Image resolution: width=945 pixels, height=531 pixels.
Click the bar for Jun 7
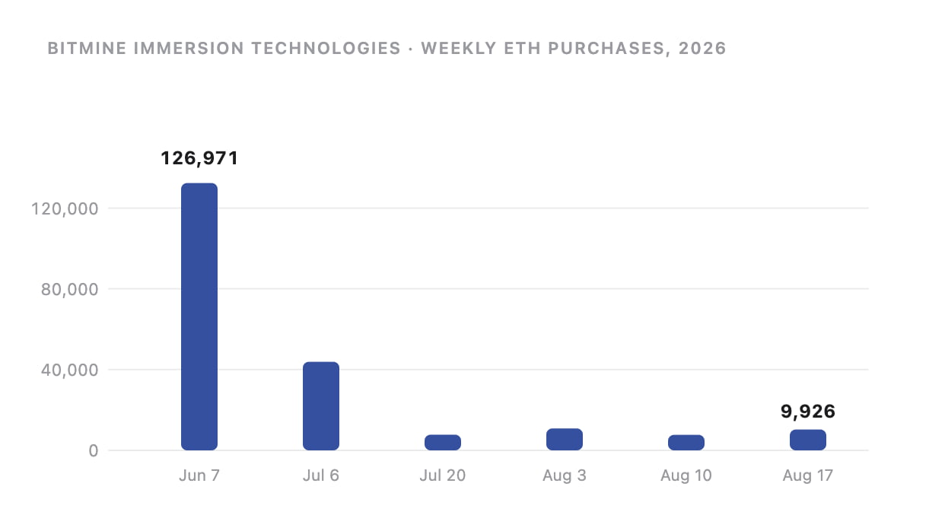click(199, 316)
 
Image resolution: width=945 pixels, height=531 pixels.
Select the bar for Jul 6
click(321, 405)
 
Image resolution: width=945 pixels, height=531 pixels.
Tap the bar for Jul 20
click(443, 443)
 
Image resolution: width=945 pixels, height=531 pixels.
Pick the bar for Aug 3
click(565, 439)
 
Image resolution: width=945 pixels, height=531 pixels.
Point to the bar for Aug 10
click(686, 443)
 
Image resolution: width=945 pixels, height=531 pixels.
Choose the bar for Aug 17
click(808, 440)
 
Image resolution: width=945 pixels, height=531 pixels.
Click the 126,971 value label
click(199, 158)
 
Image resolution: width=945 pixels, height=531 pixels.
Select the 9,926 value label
click(808, 412)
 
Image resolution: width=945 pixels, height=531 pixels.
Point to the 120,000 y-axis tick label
click(65, 208)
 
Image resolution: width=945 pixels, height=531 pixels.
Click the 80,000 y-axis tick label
click(69, 289)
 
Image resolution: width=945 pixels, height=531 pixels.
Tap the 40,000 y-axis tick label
click(69, 370)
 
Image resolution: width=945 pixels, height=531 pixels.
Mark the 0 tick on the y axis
click(94, 451)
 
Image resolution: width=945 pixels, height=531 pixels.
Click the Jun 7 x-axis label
click(199, 475)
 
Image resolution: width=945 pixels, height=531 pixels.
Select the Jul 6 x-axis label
click(321, 475)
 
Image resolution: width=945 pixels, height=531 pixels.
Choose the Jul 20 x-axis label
click(443, 475)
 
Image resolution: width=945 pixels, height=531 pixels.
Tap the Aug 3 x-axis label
click(565, 476)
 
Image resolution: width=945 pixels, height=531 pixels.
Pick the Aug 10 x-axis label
click(686, 476)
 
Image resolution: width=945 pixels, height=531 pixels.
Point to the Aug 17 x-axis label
click(808, 476)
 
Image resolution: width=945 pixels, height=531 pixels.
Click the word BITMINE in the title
click(87, 49)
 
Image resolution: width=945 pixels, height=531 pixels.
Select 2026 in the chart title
click(702, 49)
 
